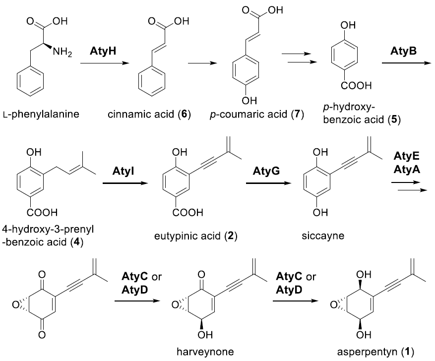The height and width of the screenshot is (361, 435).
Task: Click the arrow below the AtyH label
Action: [x=104, y=63]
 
